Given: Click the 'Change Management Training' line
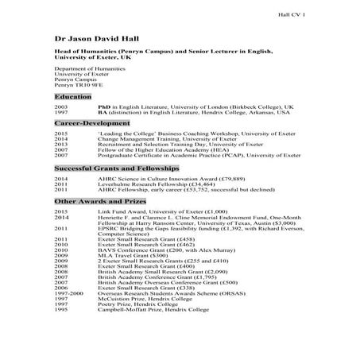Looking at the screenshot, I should point(168,141).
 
